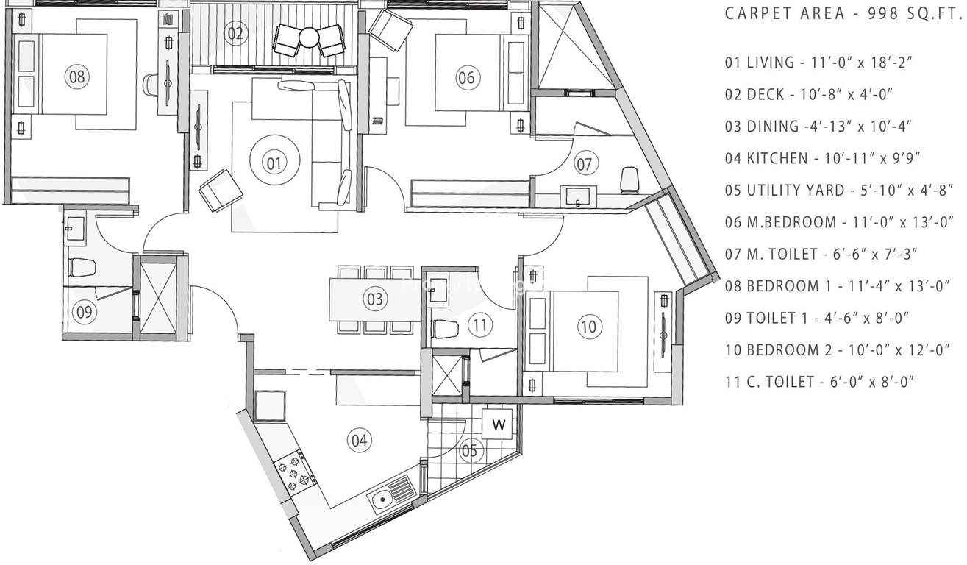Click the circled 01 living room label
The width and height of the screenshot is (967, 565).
pyautogui.click(x=274, y=164)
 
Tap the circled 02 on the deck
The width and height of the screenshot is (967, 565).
pyautogui.click(x=236, y=33)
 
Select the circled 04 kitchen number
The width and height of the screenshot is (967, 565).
pyautogui.click(x=360, y=441)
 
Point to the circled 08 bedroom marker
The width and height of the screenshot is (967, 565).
pyautogui.click(x=77, y=77)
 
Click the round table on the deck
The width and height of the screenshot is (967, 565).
pyautogui.click(x=309, y=37)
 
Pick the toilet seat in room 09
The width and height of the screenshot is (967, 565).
pyautogui.click(x=82, y=266)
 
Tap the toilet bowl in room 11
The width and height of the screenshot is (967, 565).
pyautogui.click(x=445, y=329)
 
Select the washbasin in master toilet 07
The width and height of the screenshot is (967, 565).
pyautogui.click(x=578, y=196)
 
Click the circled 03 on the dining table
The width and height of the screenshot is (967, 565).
pyautogui.click(x=374, y=299)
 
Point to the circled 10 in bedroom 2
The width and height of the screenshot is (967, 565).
pyautogui.click(x=589, y=327)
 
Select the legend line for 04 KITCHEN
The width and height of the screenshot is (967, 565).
pyautogui.click(x=822, y=158)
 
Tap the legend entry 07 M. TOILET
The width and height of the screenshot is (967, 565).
pyautogui.click(x=821, y=254)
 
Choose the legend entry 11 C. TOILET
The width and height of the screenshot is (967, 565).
pyautogui.click(x=819, y=382)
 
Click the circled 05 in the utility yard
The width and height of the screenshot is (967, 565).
pyautogui.click(x=469, y=450)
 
